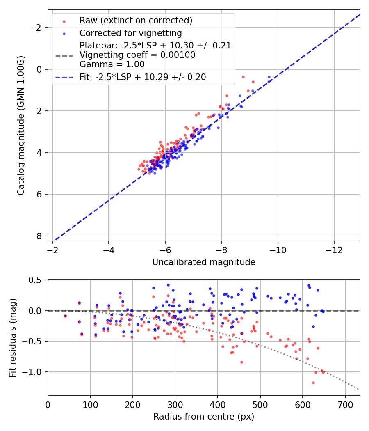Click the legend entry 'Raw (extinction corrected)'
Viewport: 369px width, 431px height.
[x=136, y=21]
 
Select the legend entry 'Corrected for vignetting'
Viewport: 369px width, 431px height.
[x=130, y=33]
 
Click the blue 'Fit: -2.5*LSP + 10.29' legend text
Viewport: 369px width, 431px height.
[x=142, y=77]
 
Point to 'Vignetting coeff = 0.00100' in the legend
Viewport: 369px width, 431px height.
[x=137, y=55]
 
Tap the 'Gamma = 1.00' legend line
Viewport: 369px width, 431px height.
[x=112, y=64]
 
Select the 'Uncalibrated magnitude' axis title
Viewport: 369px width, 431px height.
[x=204, y=262]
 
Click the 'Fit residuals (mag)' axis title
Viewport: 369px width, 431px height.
[x=13, y=337]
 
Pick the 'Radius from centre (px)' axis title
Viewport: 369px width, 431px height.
[x=204, y=417]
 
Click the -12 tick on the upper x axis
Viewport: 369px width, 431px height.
[x=334, y=250]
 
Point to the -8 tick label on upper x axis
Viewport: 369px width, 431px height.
[x=221, y=250]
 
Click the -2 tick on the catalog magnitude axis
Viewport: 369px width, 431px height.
[x=38, y=28]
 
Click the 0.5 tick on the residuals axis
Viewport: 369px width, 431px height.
[x=37, y=280]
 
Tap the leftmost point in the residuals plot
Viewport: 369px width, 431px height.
[x=65, y=316]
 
